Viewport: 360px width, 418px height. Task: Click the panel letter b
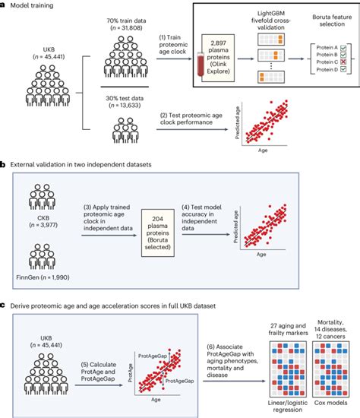tap(4, 163)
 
